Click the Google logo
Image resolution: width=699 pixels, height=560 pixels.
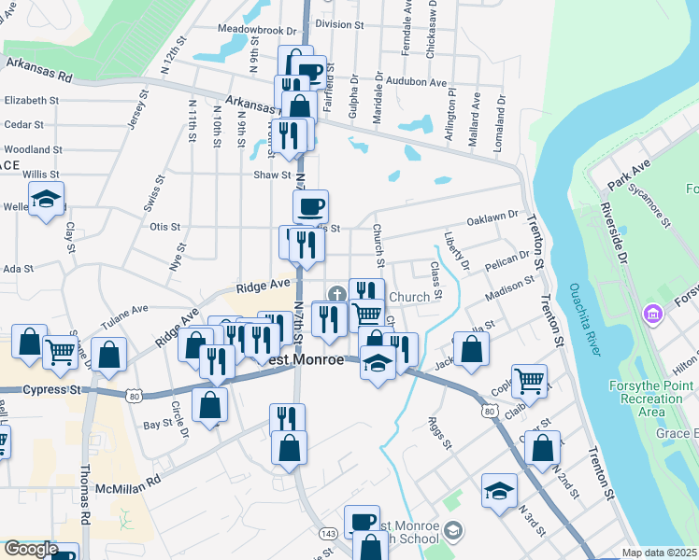coord(31,549)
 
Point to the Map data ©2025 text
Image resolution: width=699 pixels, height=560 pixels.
coord(660,553)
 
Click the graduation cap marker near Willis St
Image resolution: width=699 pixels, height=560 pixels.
coord(46,199)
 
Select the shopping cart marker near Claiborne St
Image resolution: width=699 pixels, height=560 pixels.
coord(531,381)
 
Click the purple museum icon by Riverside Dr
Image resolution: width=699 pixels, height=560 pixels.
coord(650,315)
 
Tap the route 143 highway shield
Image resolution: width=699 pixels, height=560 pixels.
coord(327,532)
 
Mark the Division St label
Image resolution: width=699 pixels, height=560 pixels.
coord(339,24)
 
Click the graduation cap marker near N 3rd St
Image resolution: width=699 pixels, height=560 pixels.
coord(499,489)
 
